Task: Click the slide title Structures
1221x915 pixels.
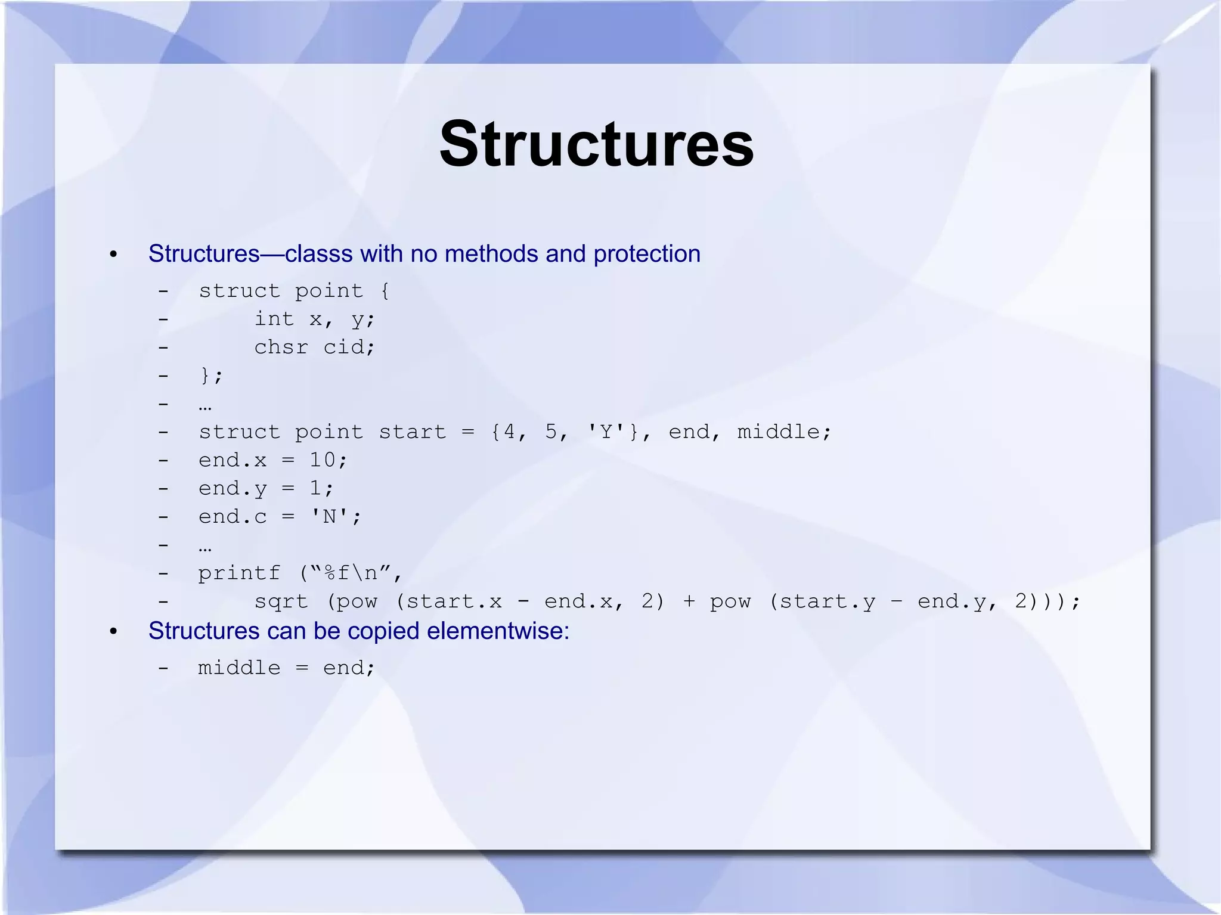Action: [x=596, y=145]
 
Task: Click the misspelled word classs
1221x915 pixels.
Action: [x=318, y=255]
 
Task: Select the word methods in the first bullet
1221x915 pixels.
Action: [x=492, y=255]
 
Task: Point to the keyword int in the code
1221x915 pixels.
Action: [x=274, y=319]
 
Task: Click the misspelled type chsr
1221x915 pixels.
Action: [x=281, y=347]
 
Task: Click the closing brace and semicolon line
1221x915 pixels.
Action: [x=211, y=376]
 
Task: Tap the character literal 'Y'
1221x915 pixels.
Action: [x=606, y=432]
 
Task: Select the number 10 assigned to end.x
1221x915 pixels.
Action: [x=323, y=460]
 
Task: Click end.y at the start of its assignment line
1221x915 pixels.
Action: [x=233, y=489]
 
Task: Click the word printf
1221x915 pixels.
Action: [x=239, y=573]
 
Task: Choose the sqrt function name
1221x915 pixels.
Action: [x=281, y=601]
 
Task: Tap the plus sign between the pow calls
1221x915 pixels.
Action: [x=689, y=601]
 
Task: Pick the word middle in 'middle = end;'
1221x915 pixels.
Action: [x=239, y=668]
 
